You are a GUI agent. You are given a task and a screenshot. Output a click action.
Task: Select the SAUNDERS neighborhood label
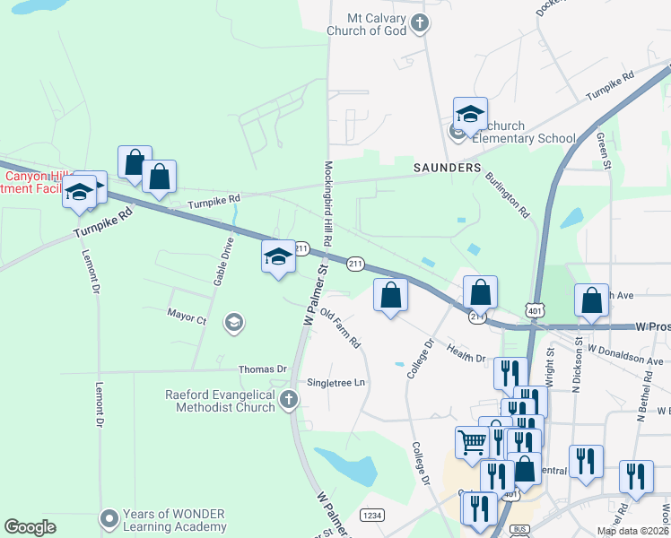click(x=447, y=168)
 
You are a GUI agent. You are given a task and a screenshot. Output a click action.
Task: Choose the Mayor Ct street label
click(x=187, y=317)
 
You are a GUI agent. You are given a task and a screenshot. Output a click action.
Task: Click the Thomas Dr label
click(x=262, y=369)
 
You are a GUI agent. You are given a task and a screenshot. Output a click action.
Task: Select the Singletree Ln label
click(x=336, y=383)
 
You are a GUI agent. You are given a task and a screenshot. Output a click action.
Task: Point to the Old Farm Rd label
click(x=340, y=329)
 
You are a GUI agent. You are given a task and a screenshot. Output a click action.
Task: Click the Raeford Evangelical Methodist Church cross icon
click(x=288, y=400)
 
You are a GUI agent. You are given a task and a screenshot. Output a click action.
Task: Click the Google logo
click(x=30, y=527)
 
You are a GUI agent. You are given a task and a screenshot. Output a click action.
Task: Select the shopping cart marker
click(x=472, y=440)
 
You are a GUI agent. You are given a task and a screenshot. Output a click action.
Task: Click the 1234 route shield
click(x=372, y=515)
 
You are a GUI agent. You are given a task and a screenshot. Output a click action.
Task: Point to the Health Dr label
click(x=466, y=356)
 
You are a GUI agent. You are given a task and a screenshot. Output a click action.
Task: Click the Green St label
click(x=604, y=152)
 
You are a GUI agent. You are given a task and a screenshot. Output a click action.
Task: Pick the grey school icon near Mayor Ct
click(x=234, y=323)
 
